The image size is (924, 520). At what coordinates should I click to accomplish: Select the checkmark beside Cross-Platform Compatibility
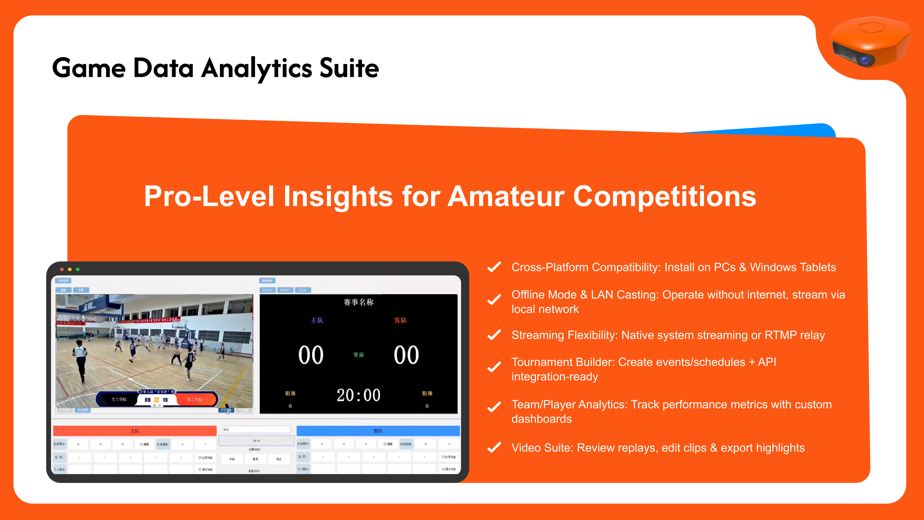(494, 267)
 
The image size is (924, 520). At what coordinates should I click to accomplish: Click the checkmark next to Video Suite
(494, 448)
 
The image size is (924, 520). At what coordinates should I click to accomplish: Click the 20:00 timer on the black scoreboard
(358, 395)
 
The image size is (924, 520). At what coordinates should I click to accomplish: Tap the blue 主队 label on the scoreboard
(317, 320)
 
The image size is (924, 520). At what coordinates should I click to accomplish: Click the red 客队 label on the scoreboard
(400, 320)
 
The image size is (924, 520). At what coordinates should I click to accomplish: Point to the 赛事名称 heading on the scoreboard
(358, 302)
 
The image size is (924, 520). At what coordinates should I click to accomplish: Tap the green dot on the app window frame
(78, 269)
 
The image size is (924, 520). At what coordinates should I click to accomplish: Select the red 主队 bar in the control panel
(135, 431)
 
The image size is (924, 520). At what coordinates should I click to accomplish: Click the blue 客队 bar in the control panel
(378, 431)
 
